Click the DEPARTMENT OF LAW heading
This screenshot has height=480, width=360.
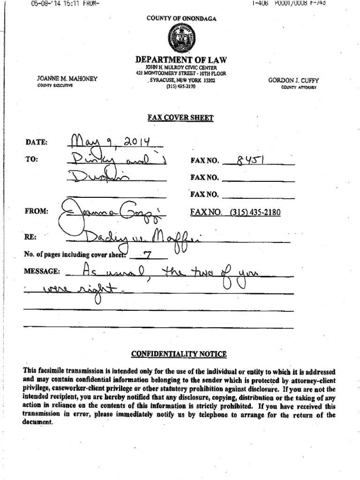click(181, 60)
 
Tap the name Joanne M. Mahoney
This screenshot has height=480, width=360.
click(67, 79)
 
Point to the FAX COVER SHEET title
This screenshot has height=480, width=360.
click(181, 118)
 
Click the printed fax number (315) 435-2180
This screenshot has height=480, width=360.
click(255, 212)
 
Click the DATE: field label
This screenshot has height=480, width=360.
click(37, 142)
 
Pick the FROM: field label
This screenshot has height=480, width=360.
click(37, 211)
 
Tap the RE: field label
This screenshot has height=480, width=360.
click(30, 237)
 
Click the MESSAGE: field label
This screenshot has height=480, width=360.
click(42, 271)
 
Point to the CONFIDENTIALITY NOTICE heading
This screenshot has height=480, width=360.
click(179, 354)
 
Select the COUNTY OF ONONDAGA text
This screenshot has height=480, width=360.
click(181, 18)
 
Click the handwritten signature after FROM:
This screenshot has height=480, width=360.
click(112, 213)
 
